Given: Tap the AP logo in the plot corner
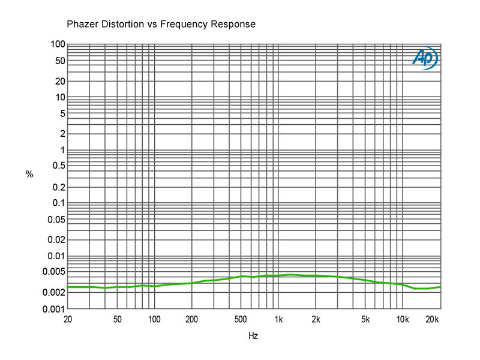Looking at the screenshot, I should [425, 58].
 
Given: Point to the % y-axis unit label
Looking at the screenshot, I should [29, 175].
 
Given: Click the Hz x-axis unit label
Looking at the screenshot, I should [253, 336].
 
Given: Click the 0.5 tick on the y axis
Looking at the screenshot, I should [58, 166].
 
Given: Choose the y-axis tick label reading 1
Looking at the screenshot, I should [62, 150].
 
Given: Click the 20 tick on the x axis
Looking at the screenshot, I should [68, 319].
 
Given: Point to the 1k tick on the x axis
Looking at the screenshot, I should [278, 319].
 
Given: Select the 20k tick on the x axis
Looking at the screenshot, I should [432, 319].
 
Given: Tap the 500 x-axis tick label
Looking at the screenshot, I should [241, 319].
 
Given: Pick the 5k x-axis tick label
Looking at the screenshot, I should [365, 319].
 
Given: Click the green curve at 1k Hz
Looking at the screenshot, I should [278, 275].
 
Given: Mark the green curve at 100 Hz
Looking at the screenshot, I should [155, 286].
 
